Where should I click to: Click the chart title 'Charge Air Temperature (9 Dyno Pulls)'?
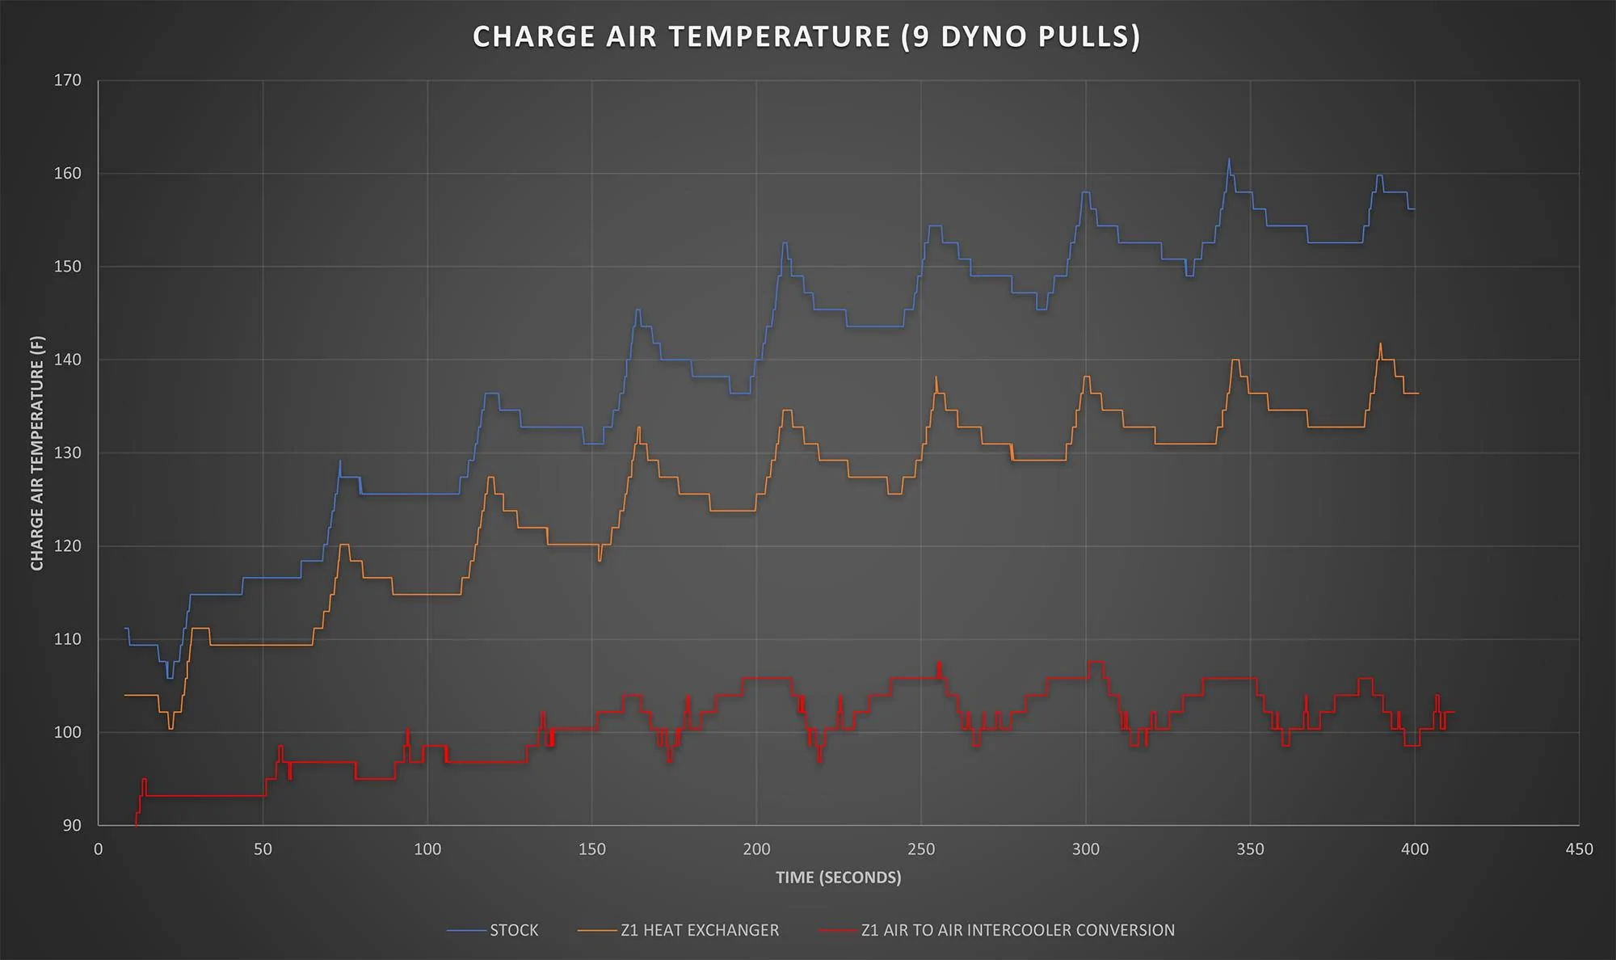point(806,37)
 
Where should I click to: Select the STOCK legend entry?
point(492,930)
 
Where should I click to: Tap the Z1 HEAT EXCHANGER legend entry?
point(679,930)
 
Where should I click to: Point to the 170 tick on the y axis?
point(68,80)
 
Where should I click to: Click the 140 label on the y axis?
point(68,360)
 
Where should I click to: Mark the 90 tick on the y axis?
point(73,825)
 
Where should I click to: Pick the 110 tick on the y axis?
point(68,639)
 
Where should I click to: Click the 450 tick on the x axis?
point(1580,849)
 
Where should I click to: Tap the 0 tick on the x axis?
point(99,849)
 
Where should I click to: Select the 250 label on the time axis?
point(921,849)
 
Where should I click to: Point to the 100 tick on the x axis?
point(427,849)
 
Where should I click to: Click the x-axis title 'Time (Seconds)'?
point(838,878)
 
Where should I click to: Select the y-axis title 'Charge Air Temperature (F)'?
point(37,453)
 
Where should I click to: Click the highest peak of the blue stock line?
point(1229,159)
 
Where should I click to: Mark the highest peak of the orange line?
point(1380,343)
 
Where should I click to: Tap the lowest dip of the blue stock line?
point(170,678)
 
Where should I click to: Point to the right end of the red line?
point(1454,712)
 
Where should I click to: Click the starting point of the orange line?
point(124,695)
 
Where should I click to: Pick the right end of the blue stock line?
point(1415,209)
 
